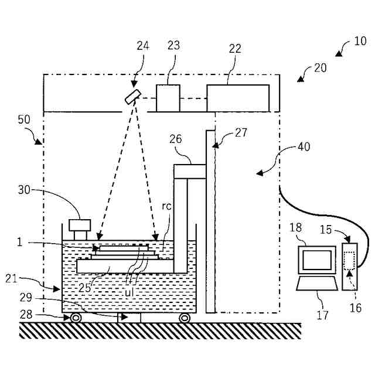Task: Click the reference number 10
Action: click(x=360, y=41)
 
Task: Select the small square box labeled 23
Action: click(x=167, y=98)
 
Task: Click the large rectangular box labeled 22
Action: click(x=238, y=98)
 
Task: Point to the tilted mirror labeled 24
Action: click(x=133, y=97)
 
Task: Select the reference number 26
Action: click(x=176, y=139)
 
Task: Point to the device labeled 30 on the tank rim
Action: click(x=79, y=225)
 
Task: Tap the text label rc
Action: click(x=167, y=206)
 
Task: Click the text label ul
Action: click(x=131, y=291)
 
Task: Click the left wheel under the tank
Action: click(x=76, y=318)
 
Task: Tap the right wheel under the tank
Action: click(x=184, y=318)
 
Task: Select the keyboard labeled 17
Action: click(x=316, y=284)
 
